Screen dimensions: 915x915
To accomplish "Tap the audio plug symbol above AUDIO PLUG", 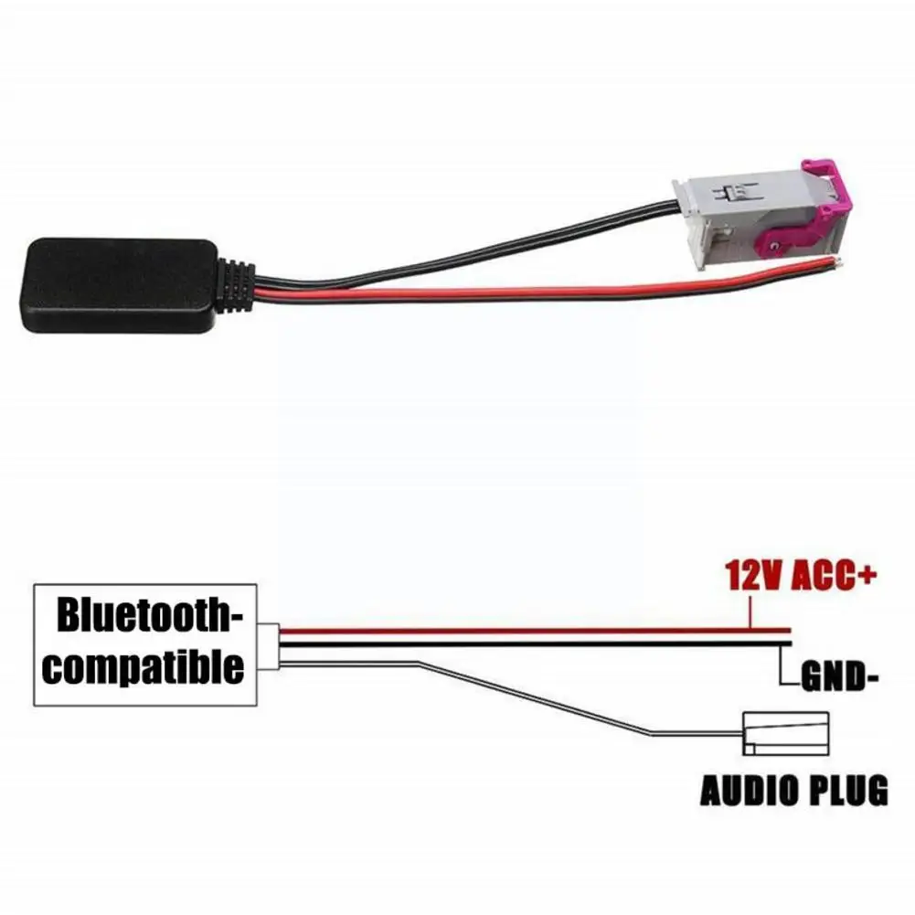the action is pos(785,733).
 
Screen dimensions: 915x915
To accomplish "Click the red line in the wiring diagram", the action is pos(530,630).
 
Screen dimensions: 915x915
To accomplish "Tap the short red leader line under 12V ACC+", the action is pos(750,610).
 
